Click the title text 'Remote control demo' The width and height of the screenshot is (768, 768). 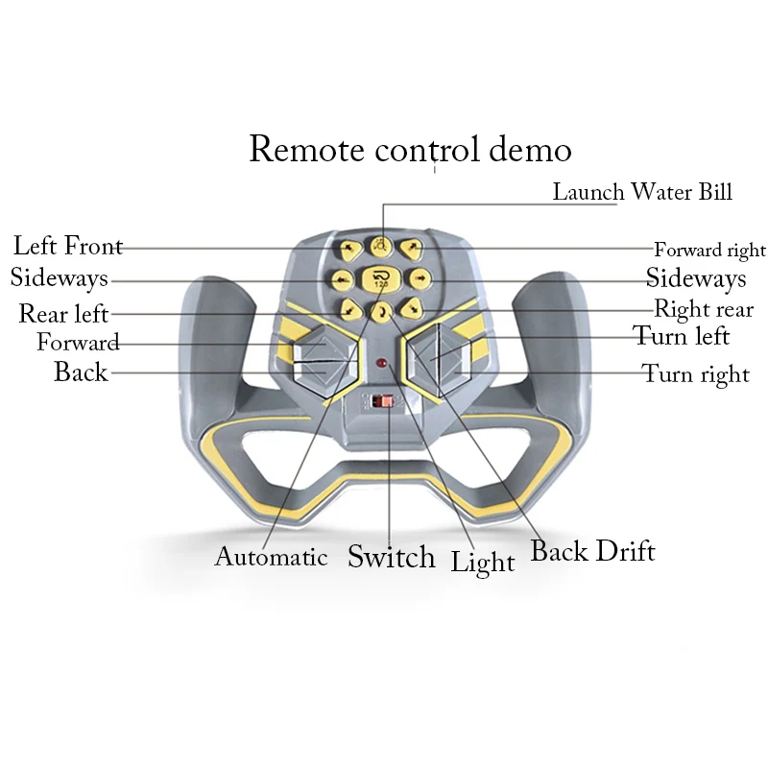410,150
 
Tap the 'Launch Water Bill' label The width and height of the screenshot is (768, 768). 641,191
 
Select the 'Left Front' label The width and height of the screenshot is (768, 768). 67,245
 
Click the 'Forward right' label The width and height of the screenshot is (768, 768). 709,251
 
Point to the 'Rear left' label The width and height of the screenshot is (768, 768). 63,314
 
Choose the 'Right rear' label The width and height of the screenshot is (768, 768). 703,309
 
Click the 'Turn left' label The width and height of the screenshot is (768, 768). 681,336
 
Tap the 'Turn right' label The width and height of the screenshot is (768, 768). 695,373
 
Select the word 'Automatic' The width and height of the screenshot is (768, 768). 271,557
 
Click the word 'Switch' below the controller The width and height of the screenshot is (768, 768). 391,557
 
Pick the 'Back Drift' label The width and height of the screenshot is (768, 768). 592,551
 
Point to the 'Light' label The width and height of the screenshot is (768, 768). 483,563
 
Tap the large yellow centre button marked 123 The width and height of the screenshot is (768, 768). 381,279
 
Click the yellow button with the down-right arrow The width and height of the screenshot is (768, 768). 411,308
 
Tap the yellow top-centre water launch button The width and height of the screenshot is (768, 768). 381,246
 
